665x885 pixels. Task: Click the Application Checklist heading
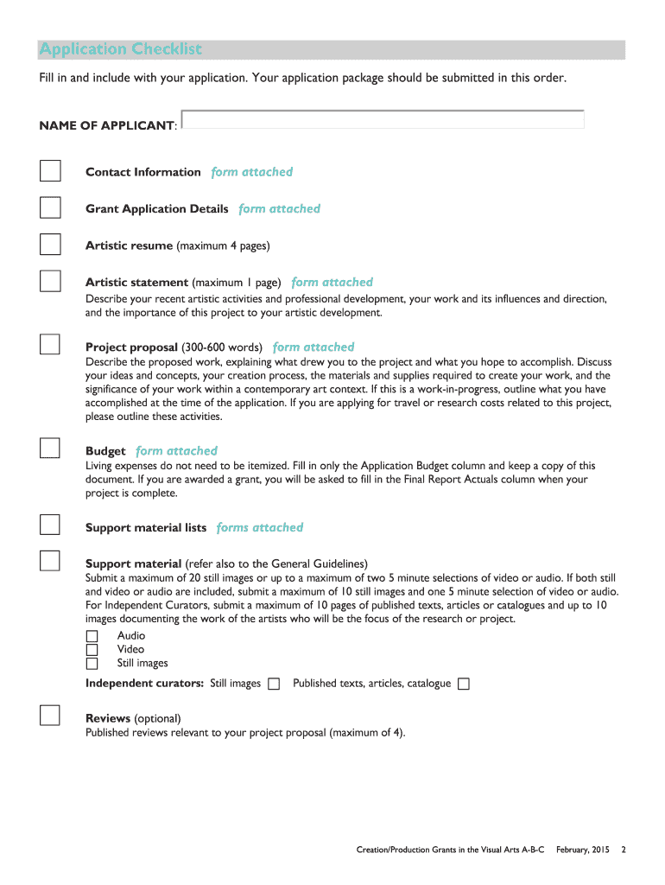click(120, 49)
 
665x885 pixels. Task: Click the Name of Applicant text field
click(383, 120)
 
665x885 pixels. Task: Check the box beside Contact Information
click(50, 171)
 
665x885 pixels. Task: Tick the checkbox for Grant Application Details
click(50, 208)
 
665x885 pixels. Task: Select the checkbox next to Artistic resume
click(50, 245)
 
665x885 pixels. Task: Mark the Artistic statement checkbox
click(50, 281)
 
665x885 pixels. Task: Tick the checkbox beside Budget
click(50, 448)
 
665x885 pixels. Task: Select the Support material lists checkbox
click(50, 525)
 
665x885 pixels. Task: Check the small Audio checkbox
click(92, 636)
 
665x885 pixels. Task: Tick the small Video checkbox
click(92, 650)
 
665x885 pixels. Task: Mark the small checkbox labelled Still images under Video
click(92, 664)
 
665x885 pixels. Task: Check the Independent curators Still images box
click(274, 684)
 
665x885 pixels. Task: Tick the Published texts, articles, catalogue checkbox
click(464, 684)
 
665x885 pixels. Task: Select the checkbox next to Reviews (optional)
click(50, 716)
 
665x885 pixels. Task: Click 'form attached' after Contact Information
click(252, 172)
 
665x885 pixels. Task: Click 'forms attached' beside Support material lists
click(260, 527)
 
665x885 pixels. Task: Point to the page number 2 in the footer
click(624, 850)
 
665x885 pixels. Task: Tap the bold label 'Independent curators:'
click(144, 684)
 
